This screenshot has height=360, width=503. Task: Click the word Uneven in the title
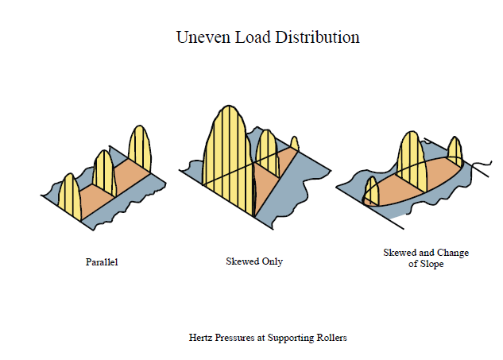(x=203, y=37)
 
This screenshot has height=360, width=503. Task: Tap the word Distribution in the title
(x=317, y=37)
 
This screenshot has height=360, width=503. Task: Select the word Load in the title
(x=253, y=37)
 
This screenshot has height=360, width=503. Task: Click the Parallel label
(x=102, y=262)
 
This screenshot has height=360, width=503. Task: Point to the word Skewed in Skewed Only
(x=242, y=261)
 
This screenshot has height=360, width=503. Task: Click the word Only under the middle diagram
(x=273, y=261)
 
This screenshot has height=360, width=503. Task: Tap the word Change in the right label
(x=453, y=253)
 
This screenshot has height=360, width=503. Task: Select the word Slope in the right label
(x=432, y=264)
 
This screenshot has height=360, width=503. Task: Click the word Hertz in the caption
(x=200, y=338)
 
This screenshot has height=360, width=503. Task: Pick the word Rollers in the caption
(x=331, y=338)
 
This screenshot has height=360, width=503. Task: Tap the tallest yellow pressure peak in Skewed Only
(x=228, y=154)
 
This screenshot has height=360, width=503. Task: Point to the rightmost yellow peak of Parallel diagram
(x=140, y=148)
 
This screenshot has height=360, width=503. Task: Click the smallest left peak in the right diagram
(x=372, y=191)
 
